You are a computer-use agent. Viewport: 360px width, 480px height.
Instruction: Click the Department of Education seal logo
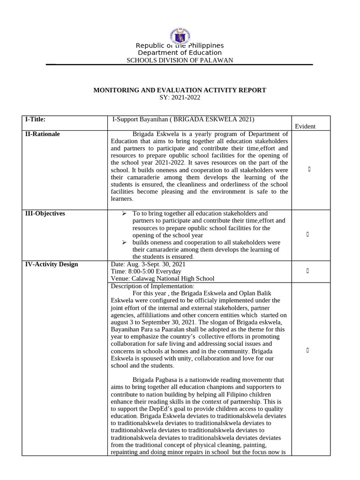[x=180, y=35]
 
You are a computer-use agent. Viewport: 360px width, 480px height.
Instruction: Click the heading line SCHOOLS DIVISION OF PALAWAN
[x=180, y=60]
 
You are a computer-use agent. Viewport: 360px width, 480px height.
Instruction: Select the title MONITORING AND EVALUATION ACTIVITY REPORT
[x=180, y=90]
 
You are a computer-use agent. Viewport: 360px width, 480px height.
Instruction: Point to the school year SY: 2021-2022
[x=180, y=97]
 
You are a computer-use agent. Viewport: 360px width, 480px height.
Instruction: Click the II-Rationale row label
[x=42, y=134]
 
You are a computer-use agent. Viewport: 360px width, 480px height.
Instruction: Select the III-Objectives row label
[x=45, y=213]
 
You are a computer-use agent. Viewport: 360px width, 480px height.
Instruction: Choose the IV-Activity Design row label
[x=52, y=264]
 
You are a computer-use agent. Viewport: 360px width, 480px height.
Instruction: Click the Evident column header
[x=305, y=126]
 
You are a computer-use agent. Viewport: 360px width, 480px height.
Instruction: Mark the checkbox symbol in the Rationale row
[x=309, y=169]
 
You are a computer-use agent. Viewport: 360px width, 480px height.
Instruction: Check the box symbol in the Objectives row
[x=307, y=234]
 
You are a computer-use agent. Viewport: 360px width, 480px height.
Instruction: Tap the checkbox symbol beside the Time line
[x=307, y=271]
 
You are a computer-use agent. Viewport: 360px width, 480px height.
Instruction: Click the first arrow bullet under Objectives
[x=124, y=214]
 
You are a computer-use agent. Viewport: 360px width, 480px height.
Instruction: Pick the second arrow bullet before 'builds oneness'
[x=124, y=242]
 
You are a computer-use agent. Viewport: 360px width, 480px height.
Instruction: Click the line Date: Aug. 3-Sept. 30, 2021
[x=148, y=264]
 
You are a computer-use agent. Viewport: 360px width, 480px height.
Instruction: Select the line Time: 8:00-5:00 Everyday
[x=146, y=271]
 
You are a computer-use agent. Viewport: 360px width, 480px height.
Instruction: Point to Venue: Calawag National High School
[x=162, y=278]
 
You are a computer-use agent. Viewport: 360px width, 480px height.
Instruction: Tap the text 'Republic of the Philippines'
[x=180, y=45]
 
